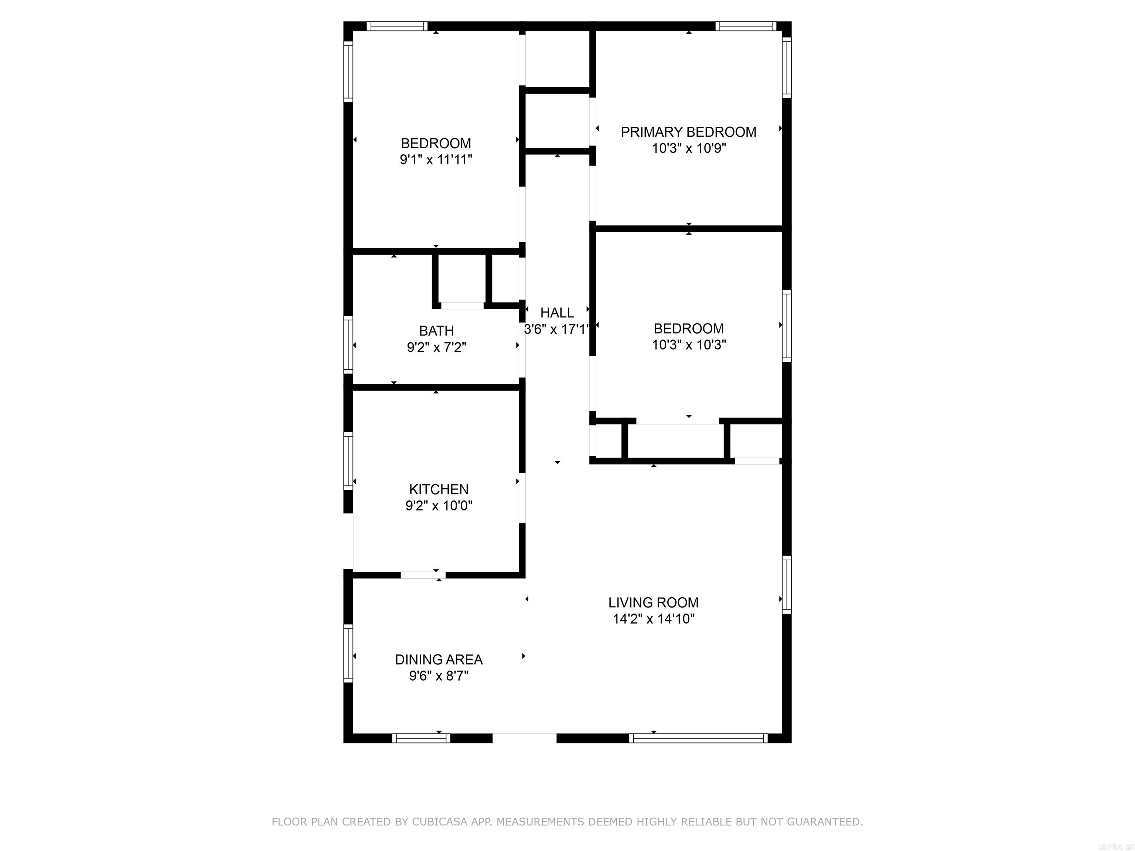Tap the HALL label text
[557, 312]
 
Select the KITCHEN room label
[439, 489]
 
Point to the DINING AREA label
[439, 659]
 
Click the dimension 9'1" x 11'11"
[436, 160]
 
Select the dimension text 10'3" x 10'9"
[689, 148]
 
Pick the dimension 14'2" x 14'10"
[653, 619]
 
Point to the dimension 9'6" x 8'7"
[439, 676]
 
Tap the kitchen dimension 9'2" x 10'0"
[439, 506]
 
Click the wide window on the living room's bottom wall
[698, 738]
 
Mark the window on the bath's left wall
[348, 344]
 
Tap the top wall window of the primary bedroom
[746, 26]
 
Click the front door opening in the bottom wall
[524, 738]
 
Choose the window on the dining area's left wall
[348, 653]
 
